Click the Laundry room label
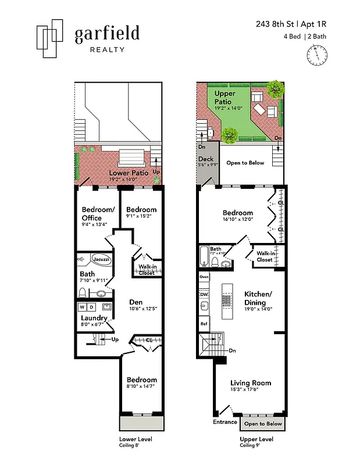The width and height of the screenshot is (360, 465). coord(94,318)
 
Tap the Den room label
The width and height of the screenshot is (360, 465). coord(136,302)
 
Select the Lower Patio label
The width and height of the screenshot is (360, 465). coord(129,173)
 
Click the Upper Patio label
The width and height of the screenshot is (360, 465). coord(224,97)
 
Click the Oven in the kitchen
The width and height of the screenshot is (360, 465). coord(204,277)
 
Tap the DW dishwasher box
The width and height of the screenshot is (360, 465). coord(204,295)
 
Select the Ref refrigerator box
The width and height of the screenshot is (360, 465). coord(204,323)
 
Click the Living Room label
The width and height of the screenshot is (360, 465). coord(251,382)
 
